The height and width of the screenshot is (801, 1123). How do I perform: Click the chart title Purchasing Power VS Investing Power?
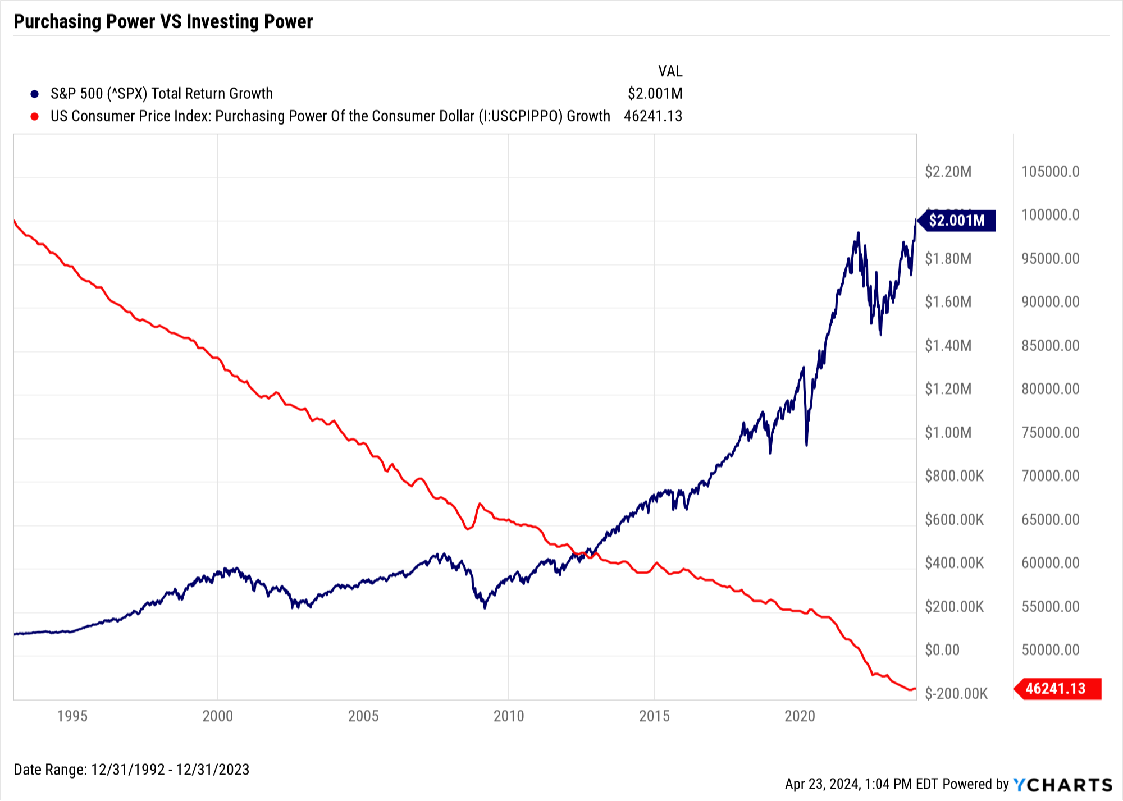click(x=163, y=21)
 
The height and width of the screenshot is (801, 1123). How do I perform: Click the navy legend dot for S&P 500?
click(x=35, y=94)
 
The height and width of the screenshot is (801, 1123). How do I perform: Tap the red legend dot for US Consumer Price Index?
click(x=35, y=116)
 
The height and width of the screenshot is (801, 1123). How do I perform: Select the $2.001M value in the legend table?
click(x=655, y=94)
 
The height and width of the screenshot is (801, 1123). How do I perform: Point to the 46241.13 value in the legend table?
click(x=653, y=116)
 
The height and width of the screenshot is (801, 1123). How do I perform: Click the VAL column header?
click(x=670, y=71)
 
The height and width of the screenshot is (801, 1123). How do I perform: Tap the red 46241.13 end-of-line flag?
click(x=1057, y=689)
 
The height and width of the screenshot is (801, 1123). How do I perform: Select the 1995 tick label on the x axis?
click(x=72, y=716)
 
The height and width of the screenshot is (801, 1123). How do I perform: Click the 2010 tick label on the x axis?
click(x=509, y=716)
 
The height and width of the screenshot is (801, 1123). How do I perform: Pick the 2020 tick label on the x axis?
click(x=800, y=716)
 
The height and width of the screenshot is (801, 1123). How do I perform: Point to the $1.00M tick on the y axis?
click(x=948, y=433)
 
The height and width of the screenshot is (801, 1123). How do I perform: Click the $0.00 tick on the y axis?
click(x=942, y=650)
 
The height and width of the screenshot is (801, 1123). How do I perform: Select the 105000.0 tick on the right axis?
click(x=1051, y=172)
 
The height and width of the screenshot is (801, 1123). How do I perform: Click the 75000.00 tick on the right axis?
click(x=1051, y=433)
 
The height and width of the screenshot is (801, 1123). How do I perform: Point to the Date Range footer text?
click(x=131, y=770)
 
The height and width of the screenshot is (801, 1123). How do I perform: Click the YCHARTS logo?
click(x=1063, y=784)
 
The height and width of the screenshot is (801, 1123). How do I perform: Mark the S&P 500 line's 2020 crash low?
click(x=807, y=445)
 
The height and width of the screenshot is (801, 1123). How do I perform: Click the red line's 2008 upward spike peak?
click(x=480, y=504)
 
